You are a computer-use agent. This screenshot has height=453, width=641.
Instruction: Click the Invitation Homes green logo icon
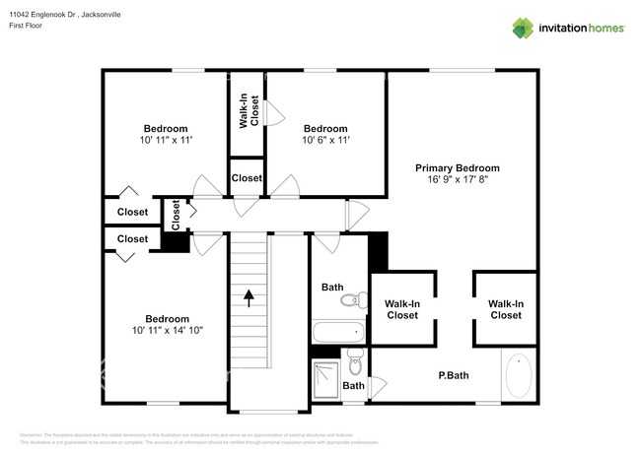pos(523,28)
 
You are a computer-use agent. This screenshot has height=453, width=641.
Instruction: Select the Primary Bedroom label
pos(457,168)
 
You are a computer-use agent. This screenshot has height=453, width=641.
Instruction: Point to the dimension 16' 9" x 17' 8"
pos(457,180)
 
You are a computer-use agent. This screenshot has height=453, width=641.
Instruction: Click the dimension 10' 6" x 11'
pos(325,141)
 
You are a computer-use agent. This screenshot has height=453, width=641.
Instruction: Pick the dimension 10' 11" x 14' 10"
pos(168,331)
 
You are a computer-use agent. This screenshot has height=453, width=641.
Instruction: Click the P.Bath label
pos(453,375)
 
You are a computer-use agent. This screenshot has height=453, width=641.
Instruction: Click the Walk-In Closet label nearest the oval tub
pos(506,309)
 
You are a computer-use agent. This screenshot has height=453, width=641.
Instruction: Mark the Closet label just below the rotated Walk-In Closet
pos(247,178)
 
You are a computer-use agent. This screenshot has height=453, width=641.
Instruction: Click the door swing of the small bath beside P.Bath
pos(377,386)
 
